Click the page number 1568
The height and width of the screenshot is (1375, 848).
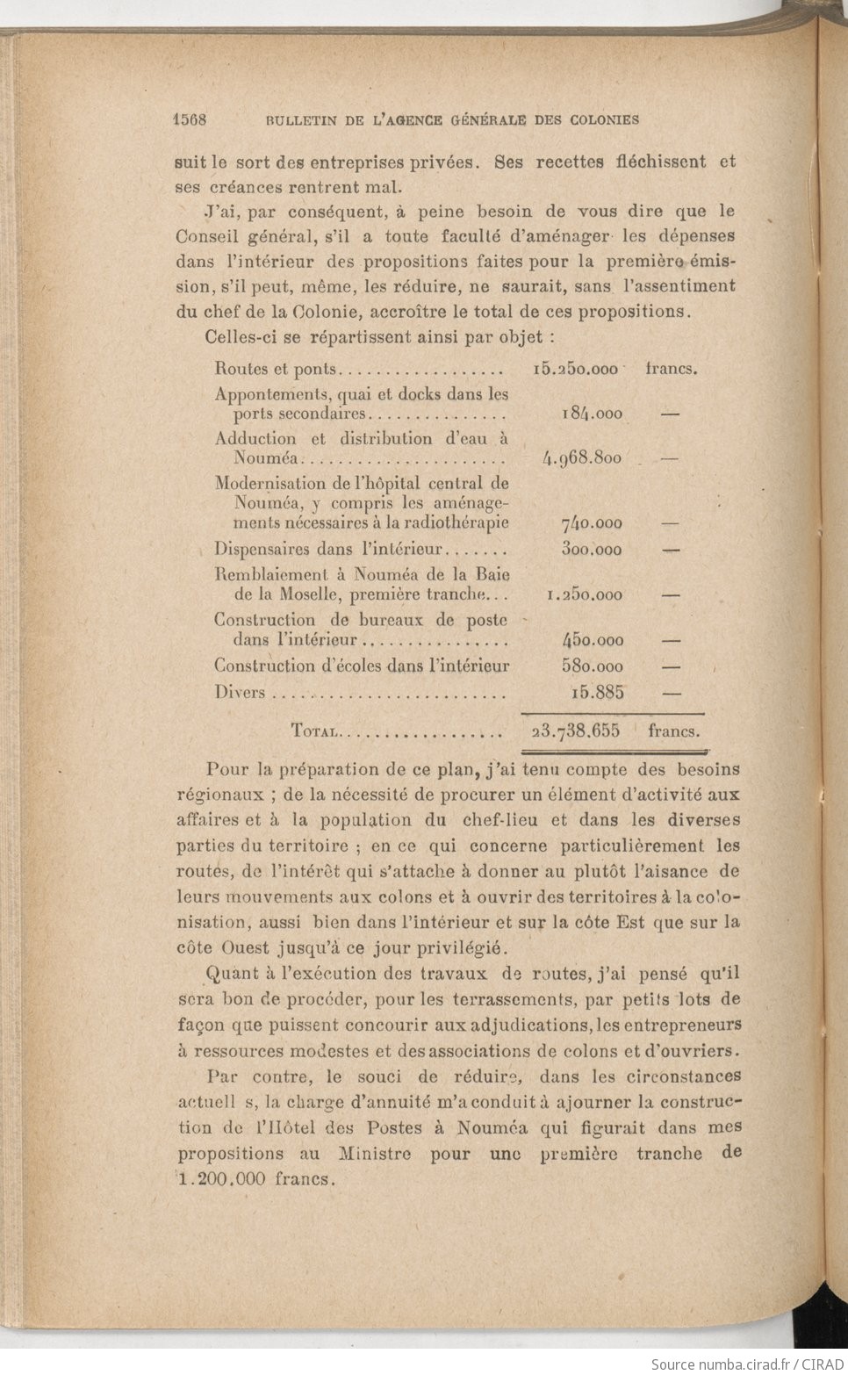pos(190,119)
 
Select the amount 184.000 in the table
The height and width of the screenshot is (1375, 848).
pos(592,414)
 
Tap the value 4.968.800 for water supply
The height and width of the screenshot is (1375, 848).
pos(583,457)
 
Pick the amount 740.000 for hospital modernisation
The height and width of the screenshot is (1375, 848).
pos(592,523)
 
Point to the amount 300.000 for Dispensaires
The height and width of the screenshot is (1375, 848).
pos(592,550)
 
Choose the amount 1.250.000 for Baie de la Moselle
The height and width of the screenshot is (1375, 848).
pos(584,594)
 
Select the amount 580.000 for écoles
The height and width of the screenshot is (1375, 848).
pos(593,666)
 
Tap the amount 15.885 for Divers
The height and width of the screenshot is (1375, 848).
pos(597,692)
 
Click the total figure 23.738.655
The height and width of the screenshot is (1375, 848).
pos(576,731)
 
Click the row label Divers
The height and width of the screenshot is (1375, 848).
pos(239,692)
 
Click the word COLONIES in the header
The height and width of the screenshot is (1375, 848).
pos(602,119)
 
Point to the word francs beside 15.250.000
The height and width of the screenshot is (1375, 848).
pos(672,370)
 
